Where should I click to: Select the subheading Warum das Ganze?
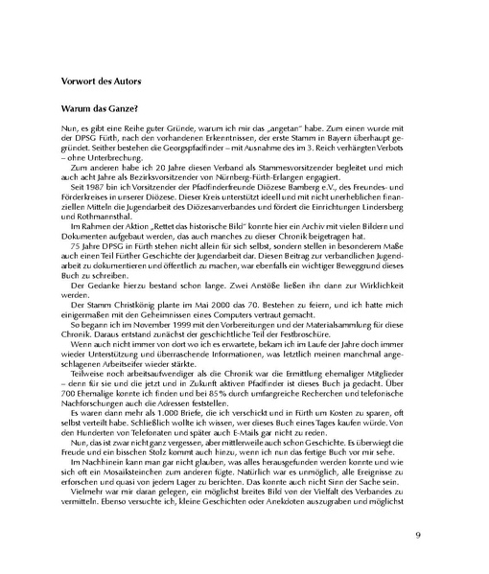102,112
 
